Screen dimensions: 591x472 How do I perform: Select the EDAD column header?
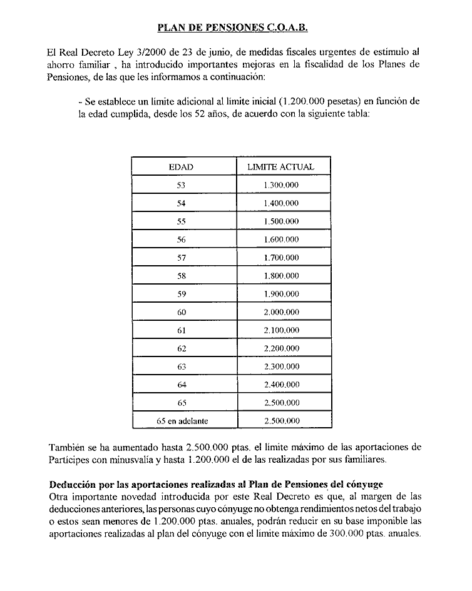[x=182, y=167]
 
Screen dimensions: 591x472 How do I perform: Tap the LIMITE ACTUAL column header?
[x=281, y=167]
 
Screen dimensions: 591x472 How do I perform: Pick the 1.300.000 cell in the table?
[x=281, y=185]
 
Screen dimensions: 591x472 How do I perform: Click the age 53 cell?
[x=182, y=185]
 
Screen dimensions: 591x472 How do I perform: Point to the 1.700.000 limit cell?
[x=281, y=258]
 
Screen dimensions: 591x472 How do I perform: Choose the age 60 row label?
[x=182, y=312]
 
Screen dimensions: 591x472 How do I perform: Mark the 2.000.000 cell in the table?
[x=281, y=312]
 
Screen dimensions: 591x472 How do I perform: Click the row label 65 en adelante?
[x=182, y=421]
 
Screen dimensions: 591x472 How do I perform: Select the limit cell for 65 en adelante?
[x=281, y=421]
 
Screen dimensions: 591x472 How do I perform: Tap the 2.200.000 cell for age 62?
[x=281, y=348]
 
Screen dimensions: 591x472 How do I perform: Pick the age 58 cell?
[x=182, y=276]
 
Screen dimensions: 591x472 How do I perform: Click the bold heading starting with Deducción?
[x=215, y=485]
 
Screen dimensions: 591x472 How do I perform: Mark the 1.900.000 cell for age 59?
[x=281, y=294]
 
